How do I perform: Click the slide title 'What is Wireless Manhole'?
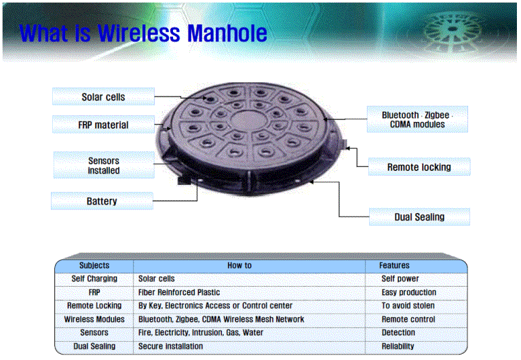pyautogui.click(x=143, y=33)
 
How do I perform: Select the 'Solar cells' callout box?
pyautogui.click(x=103, y=97)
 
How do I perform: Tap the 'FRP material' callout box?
pyautogui.click(x=103, y=125)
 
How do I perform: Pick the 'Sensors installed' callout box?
pyautogui.click(x=104, y=165)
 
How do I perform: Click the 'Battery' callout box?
pyautogui.click(x=102, y=201)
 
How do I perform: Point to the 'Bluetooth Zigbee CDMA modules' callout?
pyautogui.click(x=417, y=119)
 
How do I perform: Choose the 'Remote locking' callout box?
pyautogui.click(x=419, y=167)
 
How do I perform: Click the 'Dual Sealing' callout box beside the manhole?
pyautogui.click(x=419, y=217)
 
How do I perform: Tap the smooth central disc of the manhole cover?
pyautogui.click(x=245, y=120)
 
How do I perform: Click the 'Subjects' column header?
pyautogui.click(x=94, y=265)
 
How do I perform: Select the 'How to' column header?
pyautogui.click(x=239, y=265)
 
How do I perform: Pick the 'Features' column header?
pyautogui.click(x=394, y=265)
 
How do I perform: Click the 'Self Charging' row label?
pyautogui.click(x=94, y=279)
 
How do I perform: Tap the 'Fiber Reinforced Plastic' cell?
pyautogui.click(x=179, y=292)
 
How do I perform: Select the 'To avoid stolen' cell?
pyautogui.click(x=408, y=306)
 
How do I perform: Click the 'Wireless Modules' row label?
pyautogui.click(x=94, y=319)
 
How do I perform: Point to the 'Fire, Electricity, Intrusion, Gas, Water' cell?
pyautogui.click(x=201, y=332)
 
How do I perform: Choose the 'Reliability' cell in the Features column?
pyautogui.click(x=398, y=346)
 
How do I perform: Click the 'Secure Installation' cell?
pyautogui.click(x=170, y=346)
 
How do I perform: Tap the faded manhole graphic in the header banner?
pyautogui.click(x=452, y=31)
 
